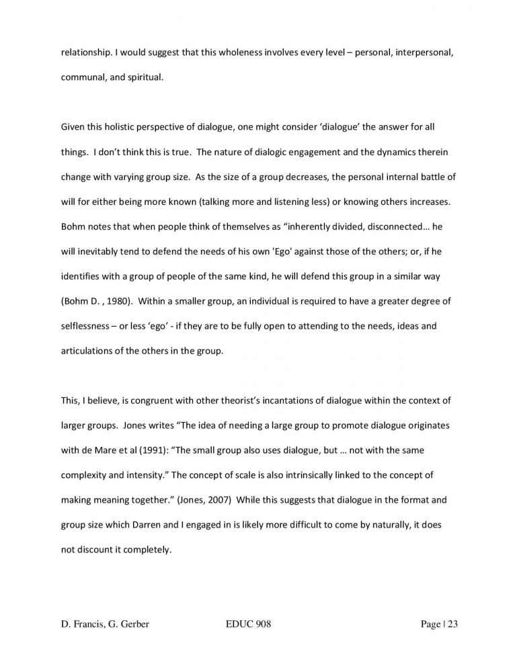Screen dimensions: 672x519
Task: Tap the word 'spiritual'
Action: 139,77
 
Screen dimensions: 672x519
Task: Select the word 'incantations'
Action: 292,401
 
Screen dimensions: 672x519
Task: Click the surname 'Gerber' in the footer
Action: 130,624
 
